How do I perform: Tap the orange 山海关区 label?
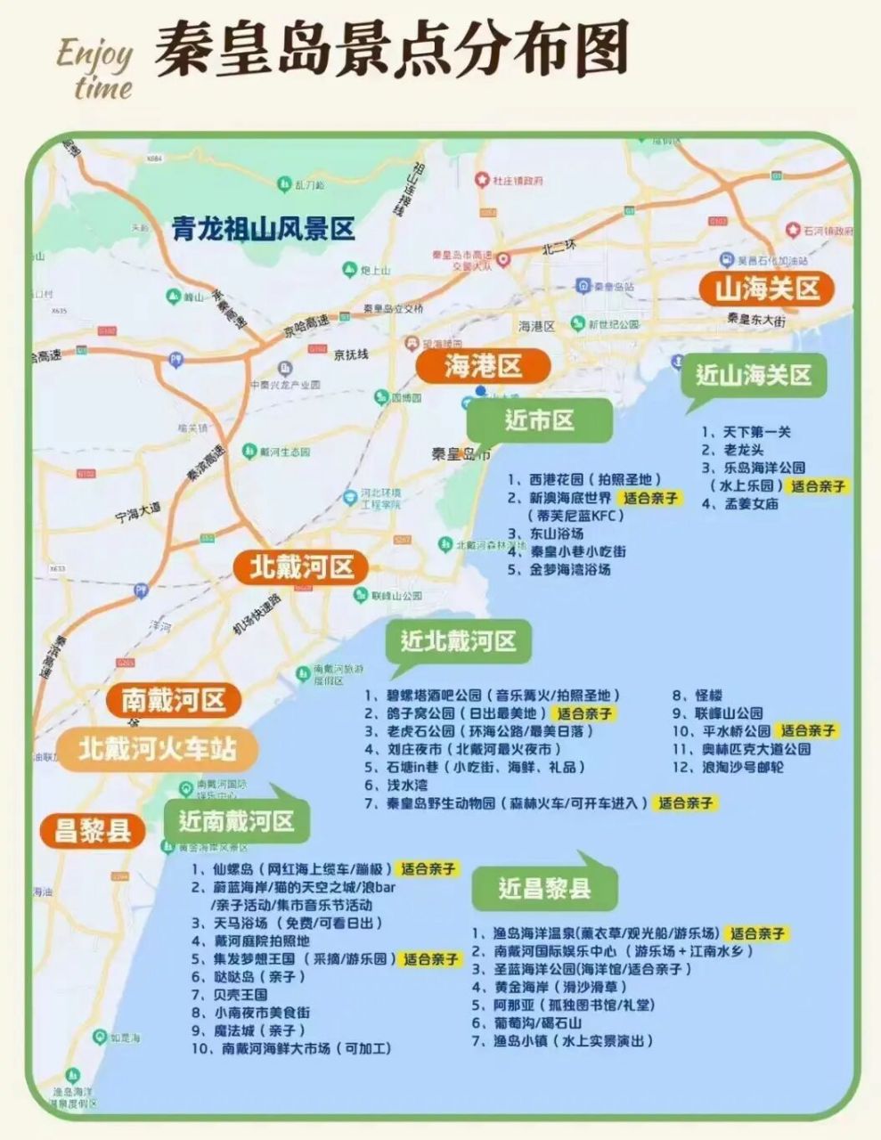[767, 289]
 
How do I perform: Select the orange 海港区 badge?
[483, 365]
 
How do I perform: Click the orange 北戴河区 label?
[301, 566]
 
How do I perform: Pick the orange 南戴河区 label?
[174, 700]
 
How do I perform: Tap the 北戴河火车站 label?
[158, 748]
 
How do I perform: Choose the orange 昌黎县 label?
[93, 832]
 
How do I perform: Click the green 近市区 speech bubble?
[540, 420]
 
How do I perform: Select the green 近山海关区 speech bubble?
[754, 376]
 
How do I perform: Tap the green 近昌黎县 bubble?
[544, 887]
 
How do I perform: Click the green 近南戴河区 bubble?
[237, 820]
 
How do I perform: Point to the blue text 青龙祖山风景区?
[263, 230]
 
